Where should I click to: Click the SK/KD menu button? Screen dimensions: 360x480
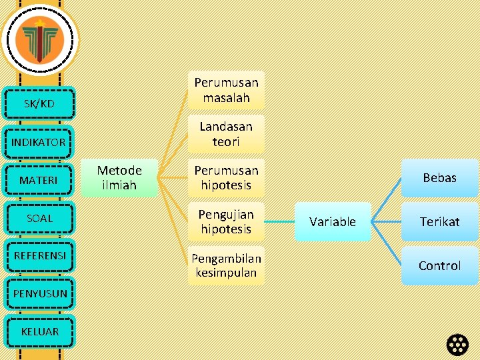click(x=39, y=103)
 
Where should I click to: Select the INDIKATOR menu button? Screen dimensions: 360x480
click(x=38, y=142)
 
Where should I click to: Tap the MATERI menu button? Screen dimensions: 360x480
click(x=38, y=180)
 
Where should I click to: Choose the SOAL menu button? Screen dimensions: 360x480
click(x=39, y=218)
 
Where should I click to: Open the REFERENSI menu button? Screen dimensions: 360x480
click(x=39, y=256)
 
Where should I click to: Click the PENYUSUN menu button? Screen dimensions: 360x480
click(x=39, y=294)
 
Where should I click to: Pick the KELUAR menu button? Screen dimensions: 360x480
click(x=39, y=331)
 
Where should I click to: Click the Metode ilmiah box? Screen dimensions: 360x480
click(x=119, y=178)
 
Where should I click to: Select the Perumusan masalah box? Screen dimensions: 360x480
click(x=226, y=90)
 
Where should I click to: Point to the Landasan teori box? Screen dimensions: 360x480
click(x=226, y=134)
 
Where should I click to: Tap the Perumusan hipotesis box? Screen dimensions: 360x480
click(x=226, y=178)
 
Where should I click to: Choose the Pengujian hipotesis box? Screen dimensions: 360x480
click(x=226, y=222)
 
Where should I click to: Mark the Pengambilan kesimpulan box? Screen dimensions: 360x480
click(x=226, y=265)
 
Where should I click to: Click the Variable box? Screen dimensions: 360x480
click(x=333, y=222)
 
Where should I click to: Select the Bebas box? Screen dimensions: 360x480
click(x=439, y=178)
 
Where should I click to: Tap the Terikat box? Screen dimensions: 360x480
click(x=439, y=222)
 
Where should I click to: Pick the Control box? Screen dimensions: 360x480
click(x=439, y=265)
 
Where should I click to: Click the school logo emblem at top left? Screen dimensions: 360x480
click(x=39, y=39)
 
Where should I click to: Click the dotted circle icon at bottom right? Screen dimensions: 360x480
click(x=458, y=344)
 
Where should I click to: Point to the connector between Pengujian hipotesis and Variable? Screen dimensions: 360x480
click(x=279, y=222)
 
